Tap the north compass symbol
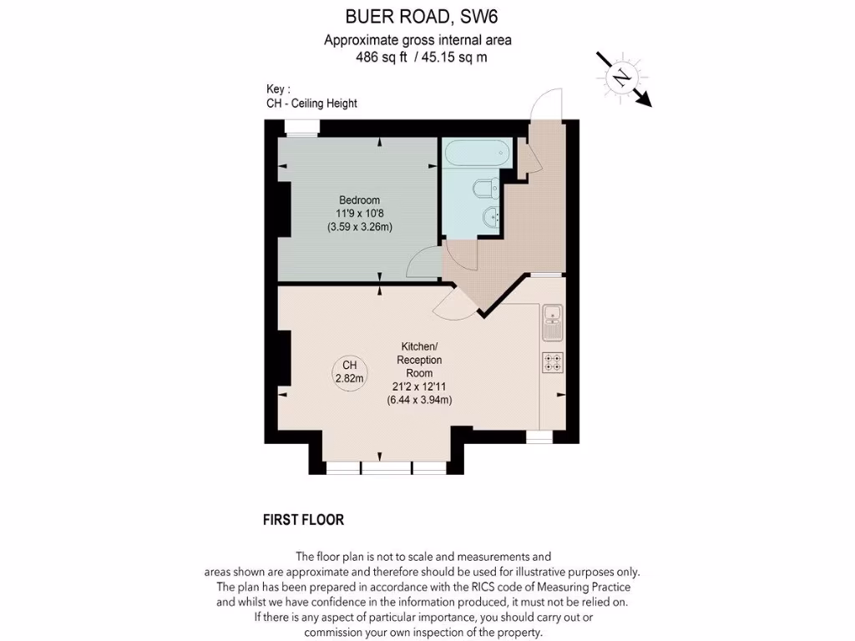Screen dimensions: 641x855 [x=621, y=78]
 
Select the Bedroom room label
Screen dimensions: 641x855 [x=359, y=200]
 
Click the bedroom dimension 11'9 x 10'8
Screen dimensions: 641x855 [x=359, y=214]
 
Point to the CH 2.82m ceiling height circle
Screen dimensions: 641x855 [x=349, y=371]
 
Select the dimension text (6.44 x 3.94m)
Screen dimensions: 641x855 [x=419, y=400]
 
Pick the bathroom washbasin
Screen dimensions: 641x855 [x=490, y=218]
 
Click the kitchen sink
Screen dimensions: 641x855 [x=553, y=321]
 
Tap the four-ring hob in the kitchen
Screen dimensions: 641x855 [x=553, y=362]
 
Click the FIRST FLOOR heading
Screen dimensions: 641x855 [x=303, y=520]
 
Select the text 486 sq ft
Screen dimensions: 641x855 [x=381, y=58]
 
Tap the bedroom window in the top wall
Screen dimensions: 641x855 [x=301, y=127]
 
